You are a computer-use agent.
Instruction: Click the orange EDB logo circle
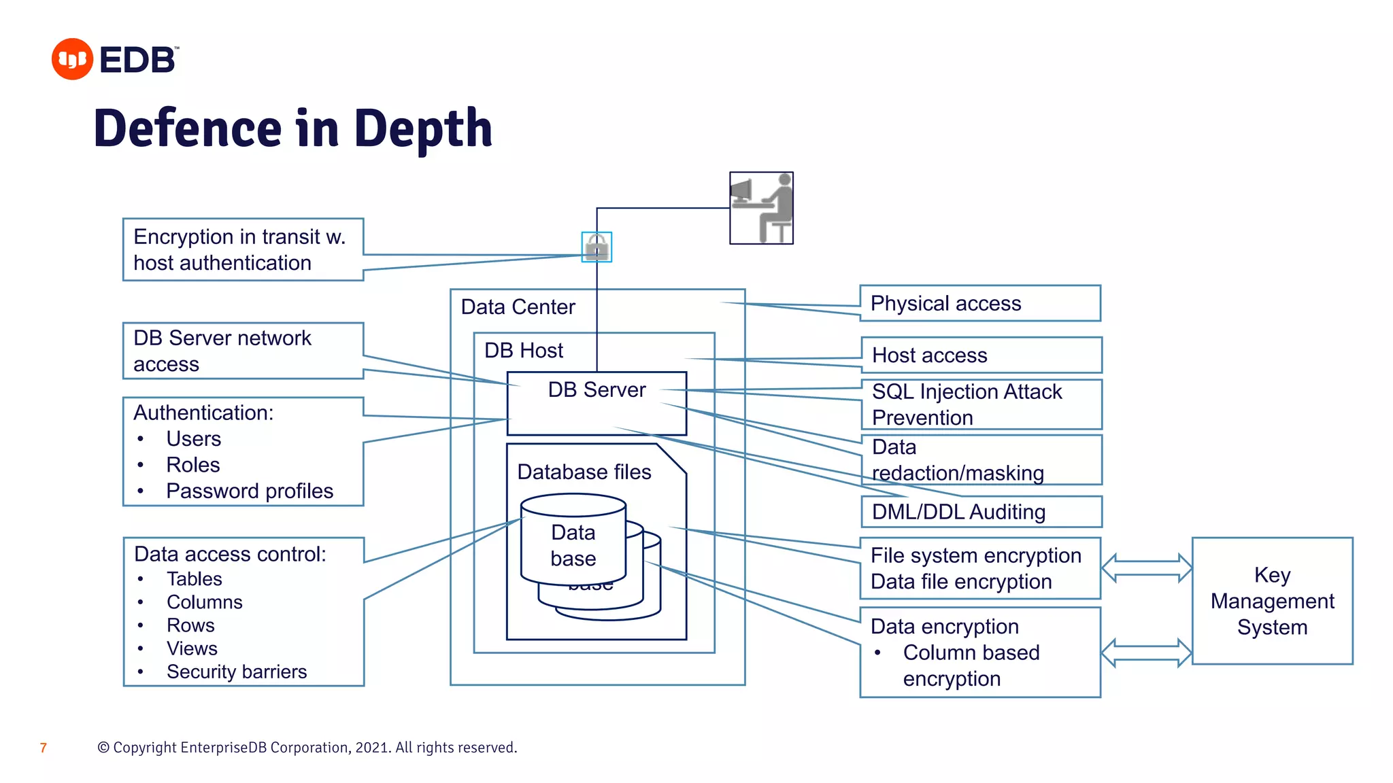click(72, 59)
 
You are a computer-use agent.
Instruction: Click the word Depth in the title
click(423, 128)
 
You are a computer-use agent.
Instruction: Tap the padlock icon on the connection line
click(597, 247)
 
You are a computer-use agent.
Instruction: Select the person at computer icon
click(761, 208)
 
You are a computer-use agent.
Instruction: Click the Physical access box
click(979, 303)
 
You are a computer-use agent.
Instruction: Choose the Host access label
click(929, 355)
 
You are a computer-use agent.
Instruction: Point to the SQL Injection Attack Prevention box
click(981, 404)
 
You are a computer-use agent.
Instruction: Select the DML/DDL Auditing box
click(981, 512)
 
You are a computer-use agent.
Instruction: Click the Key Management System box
click(1272, 601)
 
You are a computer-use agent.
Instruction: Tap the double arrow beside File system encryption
click(1146, 568)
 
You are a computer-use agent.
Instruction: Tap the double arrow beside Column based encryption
click(1146, 653)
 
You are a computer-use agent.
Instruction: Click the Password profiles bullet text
click(249, 491)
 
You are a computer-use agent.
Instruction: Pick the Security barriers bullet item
click(236, 672)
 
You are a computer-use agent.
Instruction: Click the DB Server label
click(597, 389)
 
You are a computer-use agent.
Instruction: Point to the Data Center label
click(518, 307)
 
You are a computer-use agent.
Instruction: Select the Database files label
click(584, 472)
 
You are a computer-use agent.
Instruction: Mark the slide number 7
click(44, 748)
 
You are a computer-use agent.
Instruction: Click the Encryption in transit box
click(243, 249)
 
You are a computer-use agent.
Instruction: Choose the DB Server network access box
click(243, 351)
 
